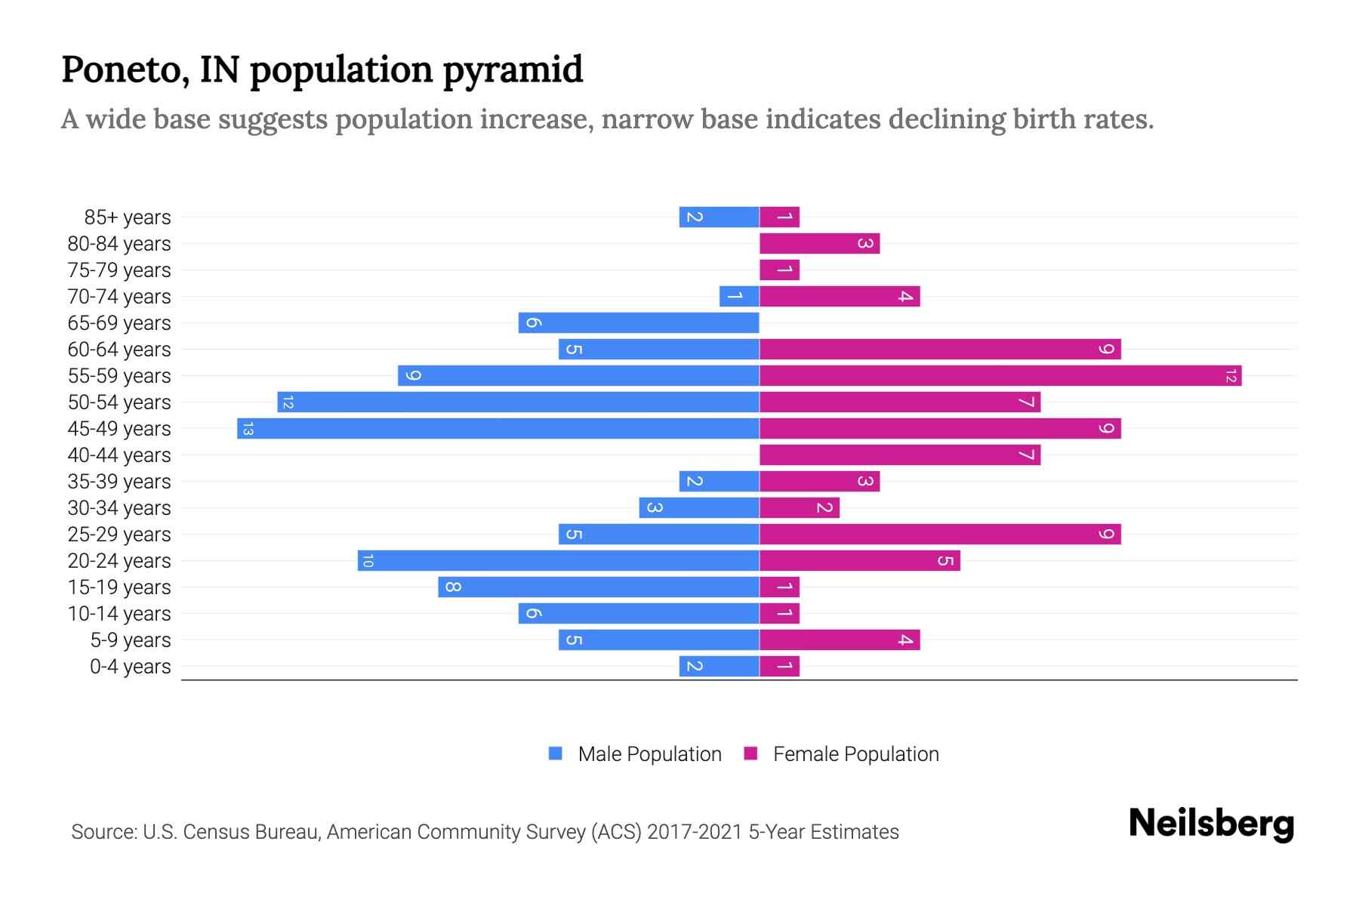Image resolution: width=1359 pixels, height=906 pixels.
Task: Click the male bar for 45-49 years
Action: tap(498, 429)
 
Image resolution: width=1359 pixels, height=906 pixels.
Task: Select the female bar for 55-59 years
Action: tap(1000, 376)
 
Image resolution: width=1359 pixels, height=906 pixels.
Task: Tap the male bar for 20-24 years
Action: tap(559, 561)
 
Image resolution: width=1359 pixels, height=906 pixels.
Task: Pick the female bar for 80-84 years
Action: tap(819, 244)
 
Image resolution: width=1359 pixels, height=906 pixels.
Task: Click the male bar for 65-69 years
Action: tap(639, 323)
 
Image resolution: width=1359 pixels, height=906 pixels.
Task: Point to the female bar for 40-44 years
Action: tap(900, 455)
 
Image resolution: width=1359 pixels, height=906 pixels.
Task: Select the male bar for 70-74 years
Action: tap(739, 297)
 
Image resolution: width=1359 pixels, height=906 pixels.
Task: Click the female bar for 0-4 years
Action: tap(779, 667)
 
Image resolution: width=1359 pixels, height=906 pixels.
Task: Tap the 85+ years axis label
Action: tap(127, 217)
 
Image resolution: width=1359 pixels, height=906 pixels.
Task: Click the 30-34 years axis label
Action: tap(119, 508)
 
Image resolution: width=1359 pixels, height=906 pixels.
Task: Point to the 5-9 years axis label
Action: tap(130, 640)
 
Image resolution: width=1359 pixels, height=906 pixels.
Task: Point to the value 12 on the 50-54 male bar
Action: tap(287, 402)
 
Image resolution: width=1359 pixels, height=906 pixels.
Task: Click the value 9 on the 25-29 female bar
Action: tap(1106, 535)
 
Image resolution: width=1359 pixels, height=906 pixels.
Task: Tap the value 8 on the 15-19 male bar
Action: tap(452, 587)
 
